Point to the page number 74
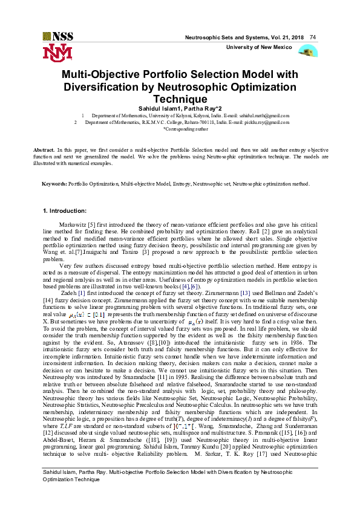[x=313, y=37]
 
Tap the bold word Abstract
[x=43, y=149]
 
